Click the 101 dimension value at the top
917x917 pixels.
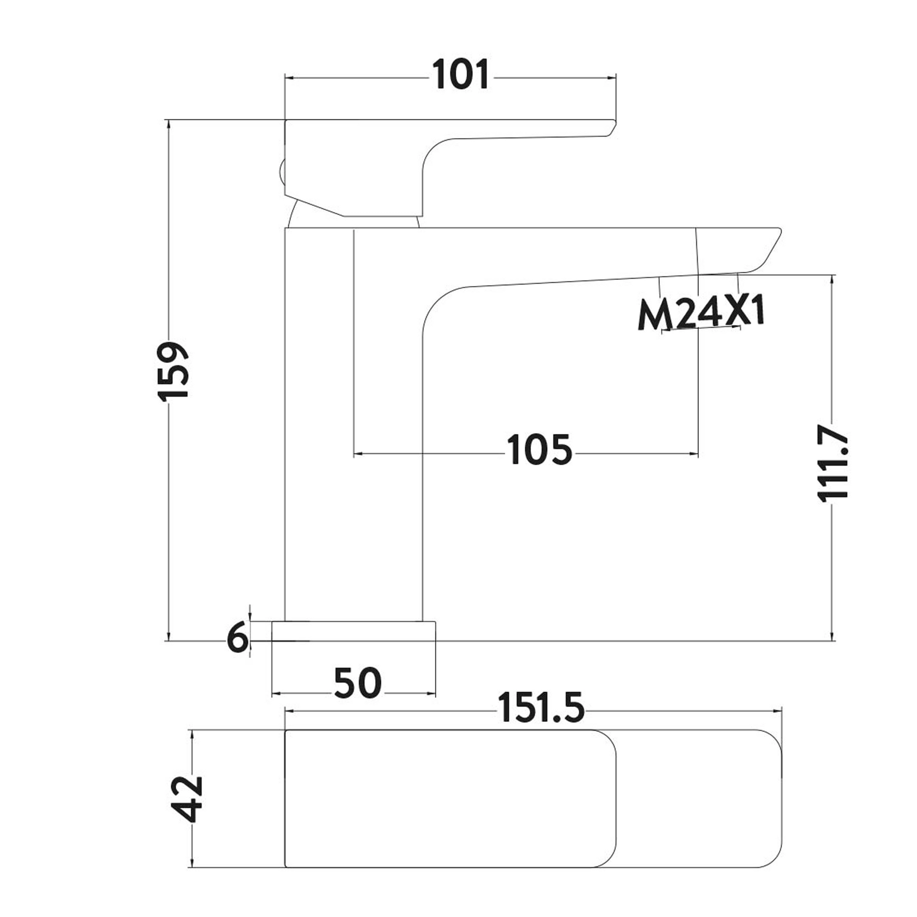(x=460, y=75)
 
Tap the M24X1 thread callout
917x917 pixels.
(x=701, y=313)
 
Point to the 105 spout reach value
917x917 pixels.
(x=539, y=450)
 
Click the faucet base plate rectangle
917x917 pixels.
(x=353, y=631)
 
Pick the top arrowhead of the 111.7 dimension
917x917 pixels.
(x=832, y=279)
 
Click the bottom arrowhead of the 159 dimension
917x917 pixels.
(x=168, y=637)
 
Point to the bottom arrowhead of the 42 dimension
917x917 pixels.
(x=192, y=863)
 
